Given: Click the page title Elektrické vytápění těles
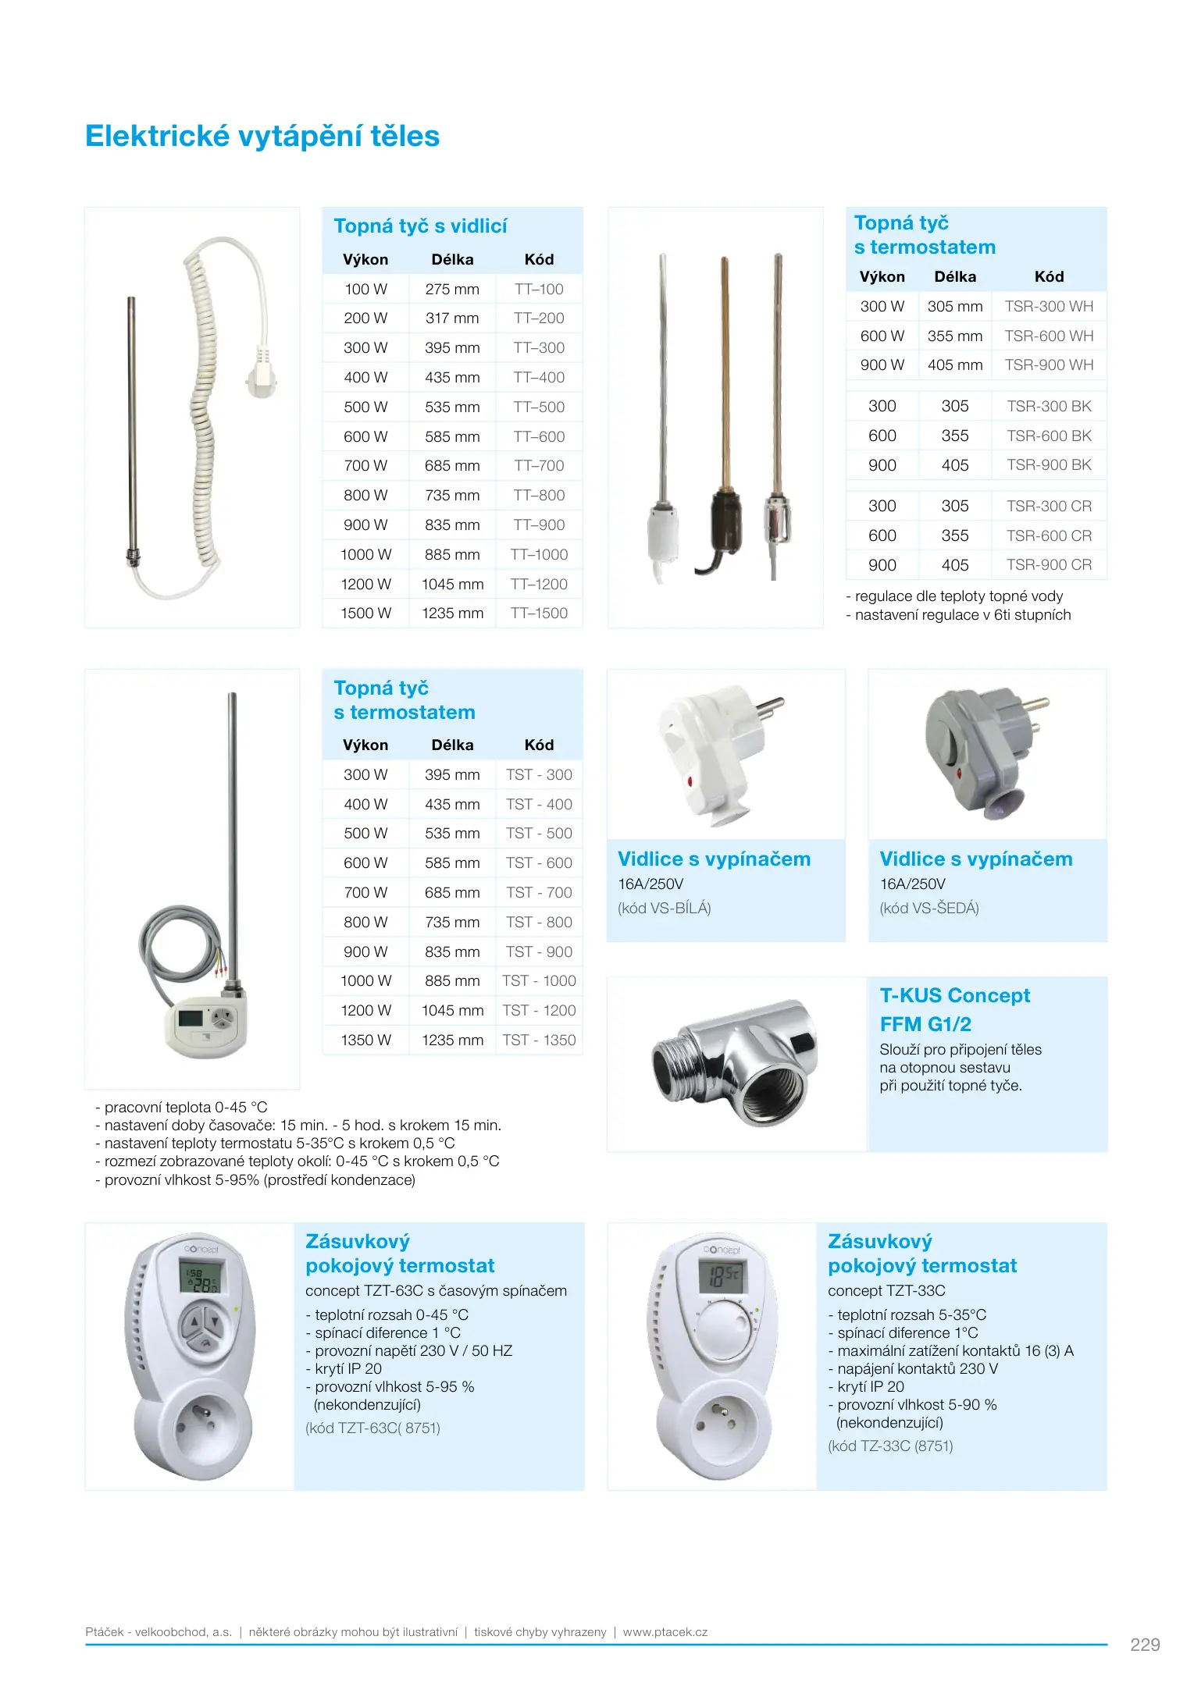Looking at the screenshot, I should tap(262, 136).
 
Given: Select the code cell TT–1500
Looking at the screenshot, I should tap(539, 614).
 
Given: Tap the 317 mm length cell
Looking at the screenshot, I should tap(452, 318).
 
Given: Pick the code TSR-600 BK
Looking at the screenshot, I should tap(1049, 436).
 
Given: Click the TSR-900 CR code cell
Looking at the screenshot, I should tap(1049, 565).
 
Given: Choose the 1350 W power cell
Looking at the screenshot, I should tap(365, 1040).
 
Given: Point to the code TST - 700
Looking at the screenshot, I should tap(539, 892).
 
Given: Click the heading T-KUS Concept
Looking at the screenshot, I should tap(954, 996).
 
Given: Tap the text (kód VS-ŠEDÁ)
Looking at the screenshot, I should tap(929, 908).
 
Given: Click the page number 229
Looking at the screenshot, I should tap(1145, 1645).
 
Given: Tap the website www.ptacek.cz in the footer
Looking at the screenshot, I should tap(665, 1632).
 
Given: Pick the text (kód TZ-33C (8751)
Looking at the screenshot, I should tap(890, 1446).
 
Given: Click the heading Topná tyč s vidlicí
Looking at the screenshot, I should tap(420, 226).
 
